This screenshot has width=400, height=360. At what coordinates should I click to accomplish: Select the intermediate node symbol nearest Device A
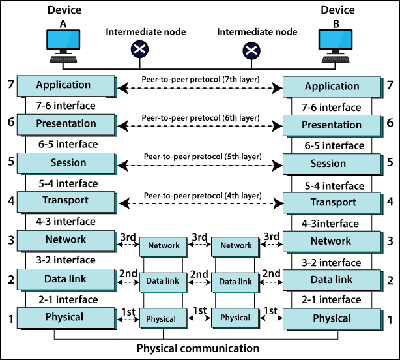[x=139, y=48]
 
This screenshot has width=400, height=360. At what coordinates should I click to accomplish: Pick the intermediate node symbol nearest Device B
[x=251, y=50]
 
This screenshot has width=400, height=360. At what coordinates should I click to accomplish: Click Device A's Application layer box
[x=64, y=85]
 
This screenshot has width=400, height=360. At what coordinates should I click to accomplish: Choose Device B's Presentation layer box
[x=332, y=125]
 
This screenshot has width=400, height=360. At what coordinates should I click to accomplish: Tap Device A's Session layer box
[x=64, y=163]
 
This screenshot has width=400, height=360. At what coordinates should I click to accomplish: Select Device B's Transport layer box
[x=332, y=202]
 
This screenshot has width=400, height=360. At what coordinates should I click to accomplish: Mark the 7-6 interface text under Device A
[x=66, y=105]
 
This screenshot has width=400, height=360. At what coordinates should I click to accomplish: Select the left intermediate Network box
[x=164, y=245]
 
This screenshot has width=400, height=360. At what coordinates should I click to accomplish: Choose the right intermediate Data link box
[x=236, y=282]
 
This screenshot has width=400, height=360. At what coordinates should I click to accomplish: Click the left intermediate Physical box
[x=161, y=319]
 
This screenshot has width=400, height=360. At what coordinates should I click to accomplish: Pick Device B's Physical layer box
[x=332, y=318]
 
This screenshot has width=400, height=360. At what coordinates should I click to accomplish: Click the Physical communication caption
[x=197, y=348]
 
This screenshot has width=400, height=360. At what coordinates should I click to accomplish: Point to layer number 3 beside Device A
[x=9, y=240]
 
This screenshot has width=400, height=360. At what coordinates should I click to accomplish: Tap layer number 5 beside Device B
[x=390, y=164]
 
